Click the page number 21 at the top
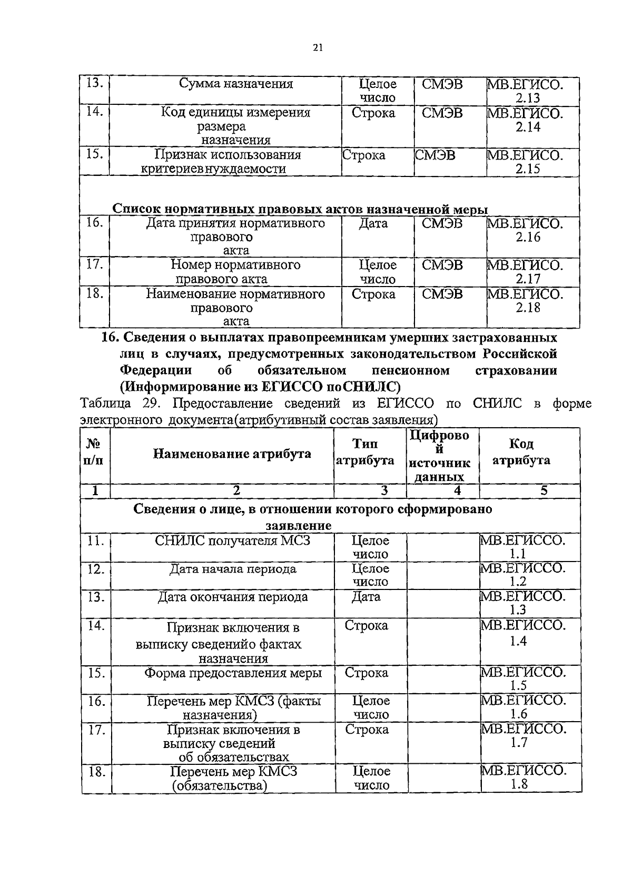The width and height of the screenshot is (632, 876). (317, 47)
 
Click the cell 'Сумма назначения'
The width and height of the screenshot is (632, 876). (235, 84)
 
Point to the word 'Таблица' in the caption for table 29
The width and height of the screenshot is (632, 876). (105, 404)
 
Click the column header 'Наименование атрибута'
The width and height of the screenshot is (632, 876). (232, 454)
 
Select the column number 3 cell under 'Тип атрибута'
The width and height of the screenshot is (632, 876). (384, 491)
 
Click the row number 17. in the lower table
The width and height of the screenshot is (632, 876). (95, 730)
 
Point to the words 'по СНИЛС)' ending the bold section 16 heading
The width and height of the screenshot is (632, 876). (364, 387)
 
